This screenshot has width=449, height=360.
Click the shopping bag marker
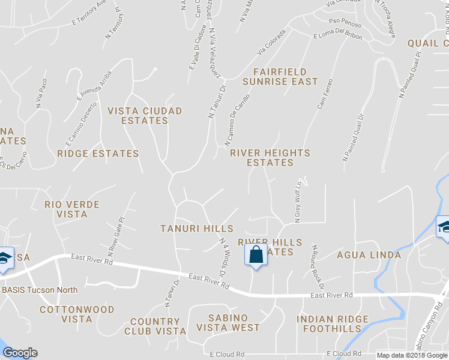pyautogui.click(x=256, y=254)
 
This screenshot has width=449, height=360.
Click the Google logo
pyautogui.click(x=20, y=353)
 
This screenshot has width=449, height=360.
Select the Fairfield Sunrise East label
pyautogui.click(x=280, y=77)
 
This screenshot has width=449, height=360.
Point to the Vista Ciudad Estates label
pyautogui.click(x=144, y=116)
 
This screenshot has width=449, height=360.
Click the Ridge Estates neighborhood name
pyautogui.click(x=98, y=154)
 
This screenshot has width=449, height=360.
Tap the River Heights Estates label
pyautogui.click(x=270, y=158)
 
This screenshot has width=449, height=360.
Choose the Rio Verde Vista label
pyautogui.click(x=72, y=209)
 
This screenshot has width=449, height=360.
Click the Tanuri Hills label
pyautogui.click(x=196, y=229)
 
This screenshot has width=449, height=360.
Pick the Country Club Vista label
pyautogui.click(x=155, y=326)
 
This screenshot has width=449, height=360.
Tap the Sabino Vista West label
pyautogui.click(x=225, y=322)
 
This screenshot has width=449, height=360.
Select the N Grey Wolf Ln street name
pyautogui.click(x=297, y=200)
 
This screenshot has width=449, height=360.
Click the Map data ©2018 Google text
pyautogui.click(x=411, y=355)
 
